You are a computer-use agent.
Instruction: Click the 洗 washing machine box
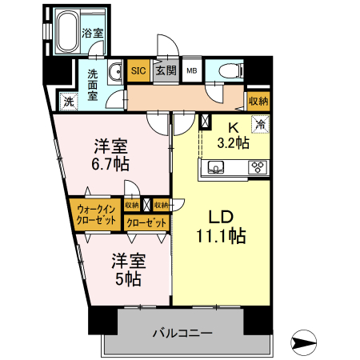(69, 102)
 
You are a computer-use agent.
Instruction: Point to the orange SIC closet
(138, 70)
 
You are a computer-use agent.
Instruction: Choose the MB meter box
(192, 70)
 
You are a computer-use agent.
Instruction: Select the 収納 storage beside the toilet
(258, 102)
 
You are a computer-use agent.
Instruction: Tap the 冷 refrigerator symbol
(261, 124)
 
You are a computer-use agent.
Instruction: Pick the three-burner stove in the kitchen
(258, 166)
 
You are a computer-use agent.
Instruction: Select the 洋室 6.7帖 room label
(110, 154)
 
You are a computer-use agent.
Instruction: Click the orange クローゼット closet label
(147, 222)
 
